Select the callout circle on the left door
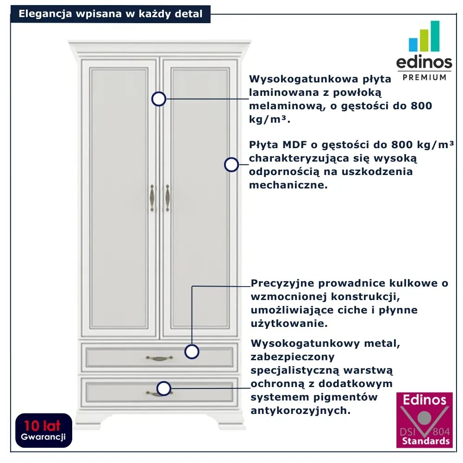tap(159, 99)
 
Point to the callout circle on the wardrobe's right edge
tap(231, 165)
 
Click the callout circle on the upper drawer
tap(192, 351)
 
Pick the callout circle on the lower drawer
tap(164, 388)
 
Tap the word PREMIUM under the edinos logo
tap(425, 77)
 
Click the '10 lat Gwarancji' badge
tap(44, 430)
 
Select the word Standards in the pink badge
tap(425, 441)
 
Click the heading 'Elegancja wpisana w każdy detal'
tap(111, 14)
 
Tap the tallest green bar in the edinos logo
tap(434, 36)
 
